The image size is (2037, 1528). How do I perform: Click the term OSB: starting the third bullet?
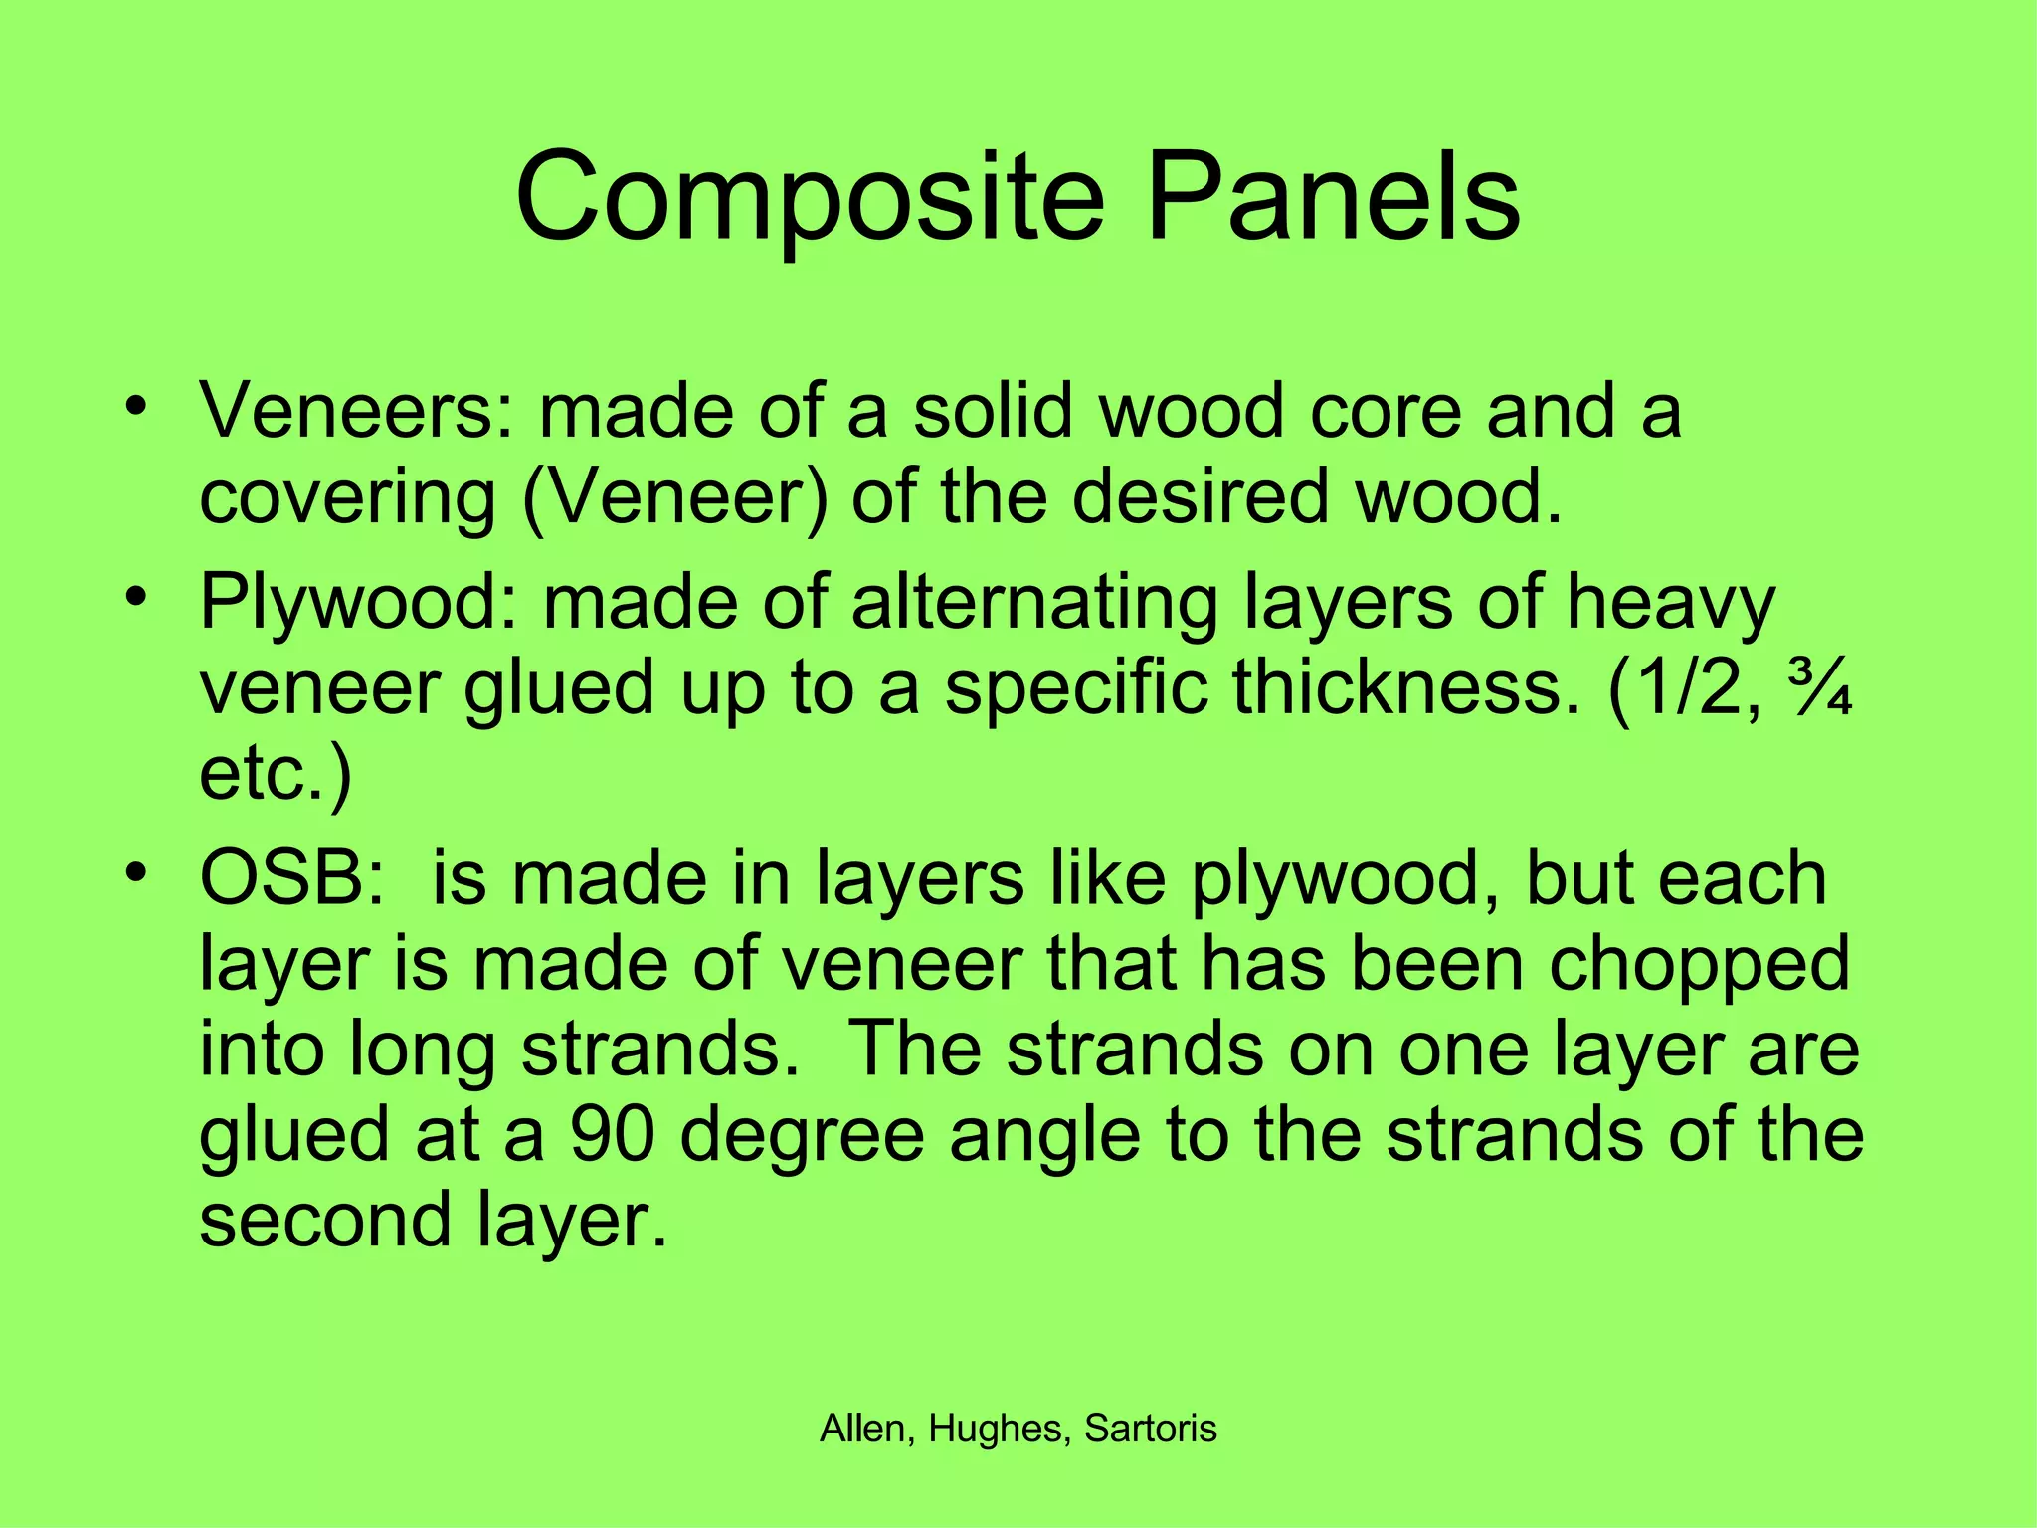click(x=291, y=878)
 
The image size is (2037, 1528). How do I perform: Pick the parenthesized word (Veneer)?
click(x=673, y=496)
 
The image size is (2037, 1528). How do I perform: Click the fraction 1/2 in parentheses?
click(x=1670, y=689)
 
